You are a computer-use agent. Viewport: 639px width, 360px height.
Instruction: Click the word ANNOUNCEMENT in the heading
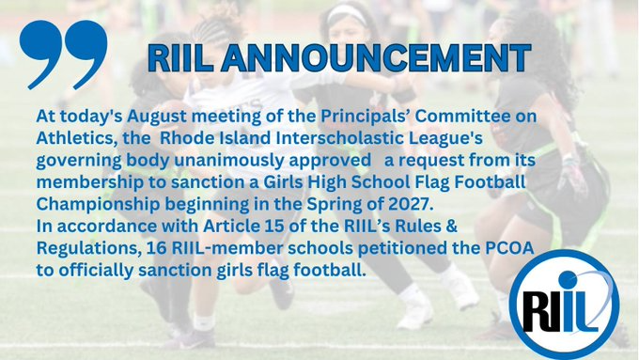376,58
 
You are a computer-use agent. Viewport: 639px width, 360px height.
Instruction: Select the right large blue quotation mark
86,55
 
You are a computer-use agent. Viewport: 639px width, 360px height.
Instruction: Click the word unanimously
228,161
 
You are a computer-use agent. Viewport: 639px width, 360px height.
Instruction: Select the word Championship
98,204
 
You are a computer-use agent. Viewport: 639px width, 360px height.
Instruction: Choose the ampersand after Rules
452,227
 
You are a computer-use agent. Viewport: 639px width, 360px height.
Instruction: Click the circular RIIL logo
564,305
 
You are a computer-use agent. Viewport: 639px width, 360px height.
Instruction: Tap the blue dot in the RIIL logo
568,280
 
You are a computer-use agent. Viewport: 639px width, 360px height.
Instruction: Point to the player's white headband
347,13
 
